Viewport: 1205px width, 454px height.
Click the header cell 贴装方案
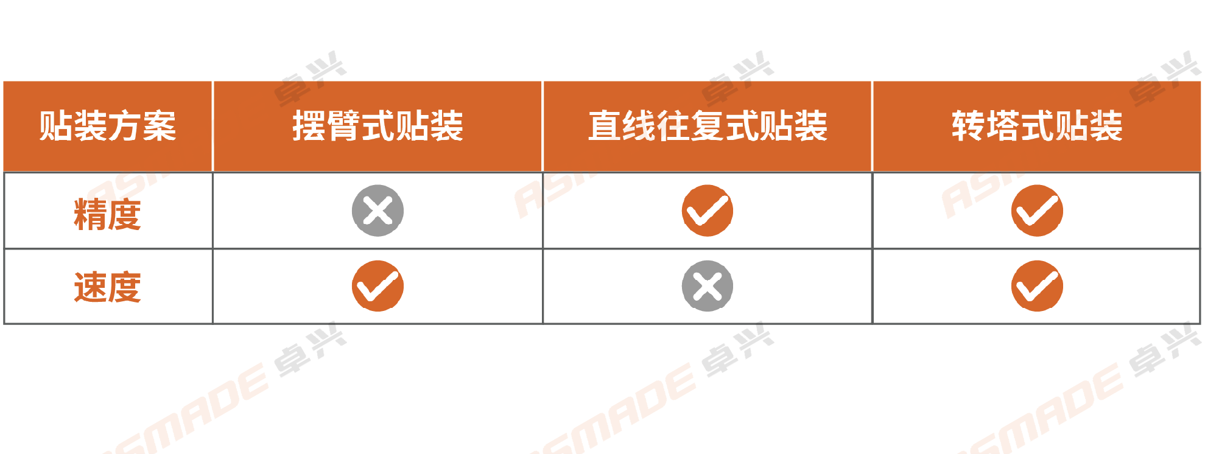point(108,126)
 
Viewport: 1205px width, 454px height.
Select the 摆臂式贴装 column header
point(378,126)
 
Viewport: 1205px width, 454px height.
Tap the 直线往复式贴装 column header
point(708,126)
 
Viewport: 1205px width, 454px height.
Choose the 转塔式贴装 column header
point(1037,126)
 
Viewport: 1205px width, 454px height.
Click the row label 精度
point(108,214)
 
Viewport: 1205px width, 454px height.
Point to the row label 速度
point(108,287)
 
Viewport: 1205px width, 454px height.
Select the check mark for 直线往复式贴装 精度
point(708,211)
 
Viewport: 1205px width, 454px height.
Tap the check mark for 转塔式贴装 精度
point(1037,211)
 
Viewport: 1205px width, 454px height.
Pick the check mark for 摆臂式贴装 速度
point(378,286)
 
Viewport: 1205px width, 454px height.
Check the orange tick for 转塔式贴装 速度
point(1037,286)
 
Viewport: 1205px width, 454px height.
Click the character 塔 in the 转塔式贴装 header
point(1003,126)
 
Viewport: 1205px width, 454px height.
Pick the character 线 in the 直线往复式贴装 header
point(639,126)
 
